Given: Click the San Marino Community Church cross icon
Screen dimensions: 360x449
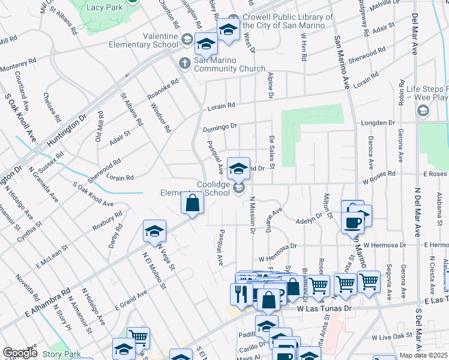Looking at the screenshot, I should [185, 62].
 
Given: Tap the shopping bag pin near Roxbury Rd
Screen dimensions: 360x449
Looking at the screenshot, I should [191, 205].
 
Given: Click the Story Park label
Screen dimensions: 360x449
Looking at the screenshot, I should [61, 355].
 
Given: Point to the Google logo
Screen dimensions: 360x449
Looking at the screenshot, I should [20, 353].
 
